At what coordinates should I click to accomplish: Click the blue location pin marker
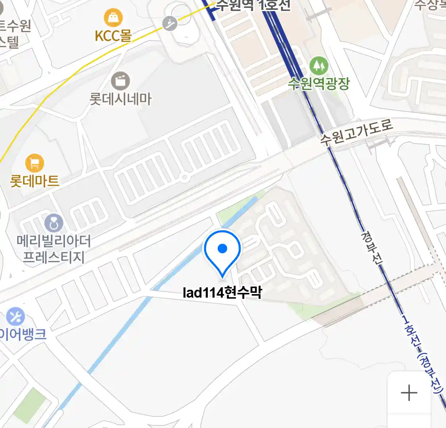[222, 250]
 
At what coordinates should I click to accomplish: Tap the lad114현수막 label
[222, 293]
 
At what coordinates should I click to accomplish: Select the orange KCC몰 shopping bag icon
[113, 18]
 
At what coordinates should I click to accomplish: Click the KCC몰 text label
[113, 36]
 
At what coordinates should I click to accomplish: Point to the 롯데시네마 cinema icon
[121, 81]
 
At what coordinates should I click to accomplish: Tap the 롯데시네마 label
[121, 99]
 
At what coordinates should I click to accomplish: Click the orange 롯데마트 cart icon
[35, 163]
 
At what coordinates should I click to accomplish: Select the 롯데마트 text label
[35, 181]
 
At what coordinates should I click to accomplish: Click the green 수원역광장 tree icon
[319, 66]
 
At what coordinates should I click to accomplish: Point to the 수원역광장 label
[319, 84]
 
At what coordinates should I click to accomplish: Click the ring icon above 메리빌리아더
[54, 224]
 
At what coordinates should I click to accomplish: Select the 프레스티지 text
[54, 258]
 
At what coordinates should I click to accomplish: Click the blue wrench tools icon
[15, 317]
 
